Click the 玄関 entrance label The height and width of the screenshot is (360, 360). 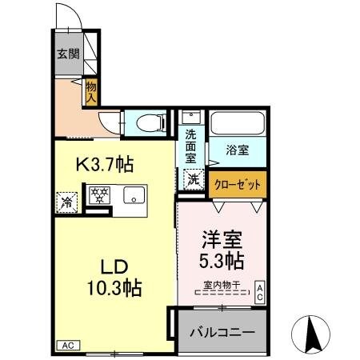coord(67,54)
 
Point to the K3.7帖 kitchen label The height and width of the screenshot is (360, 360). coord(104,165)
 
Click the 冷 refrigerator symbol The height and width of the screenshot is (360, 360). coord(67,202)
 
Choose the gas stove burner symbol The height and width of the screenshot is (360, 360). coord(99,194)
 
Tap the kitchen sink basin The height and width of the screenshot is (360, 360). coord(134,194)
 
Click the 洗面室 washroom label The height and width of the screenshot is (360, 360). coord(192,146)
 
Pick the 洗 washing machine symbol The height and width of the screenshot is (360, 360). coord(194,181)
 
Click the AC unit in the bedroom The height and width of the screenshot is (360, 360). coord(260,292)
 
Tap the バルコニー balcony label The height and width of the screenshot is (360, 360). coord(222,330)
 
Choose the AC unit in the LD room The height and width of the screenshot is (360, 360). coord(68,346)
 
